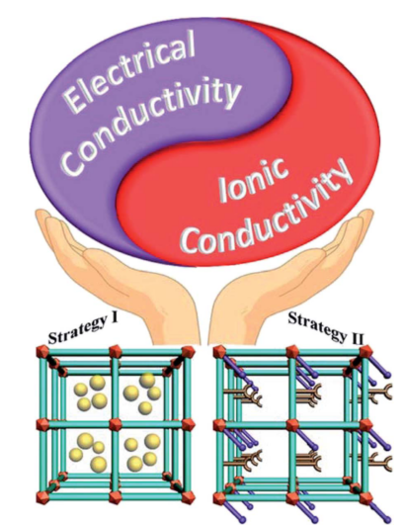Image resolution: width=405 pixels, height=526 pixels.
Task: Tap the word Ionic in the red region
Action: click(252, 181)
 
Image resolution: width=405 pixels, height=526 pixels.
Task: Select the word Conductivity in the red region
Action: click(266, 214)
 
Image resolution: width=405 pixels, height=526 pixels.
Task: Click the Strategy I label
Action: click(84, 329)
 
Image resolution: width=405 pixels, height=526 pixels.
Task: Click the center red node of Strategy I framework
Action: click(115, 424)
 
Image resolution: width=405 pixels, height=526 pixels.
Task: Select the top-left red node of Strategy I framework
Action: click(42, 351)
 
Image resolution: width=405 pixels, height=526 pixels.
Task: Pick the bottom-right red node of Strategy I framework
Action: click(188, 496)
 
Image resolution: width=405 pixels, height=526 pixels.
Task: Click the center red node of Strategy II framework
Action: click(292, 425)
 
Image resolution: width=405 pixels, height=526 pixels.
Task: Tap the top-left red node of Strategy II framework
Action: click(219, 351)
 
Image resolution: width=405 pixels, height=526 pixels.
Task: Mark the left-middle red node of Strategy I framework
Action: click(42, 425)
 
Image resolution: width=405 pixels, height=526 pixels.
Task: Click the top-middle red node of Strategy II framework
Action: click(292, 352)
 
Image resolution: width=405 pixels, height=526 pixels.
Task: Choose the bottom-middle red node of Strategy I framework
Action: click(115, 496)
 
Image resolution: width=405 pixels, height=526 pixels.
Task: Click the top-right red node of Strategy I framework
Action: click(188, 352)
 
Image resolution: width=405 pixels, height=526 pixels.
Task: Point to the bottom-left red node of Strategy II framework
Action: click(219, 497)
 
